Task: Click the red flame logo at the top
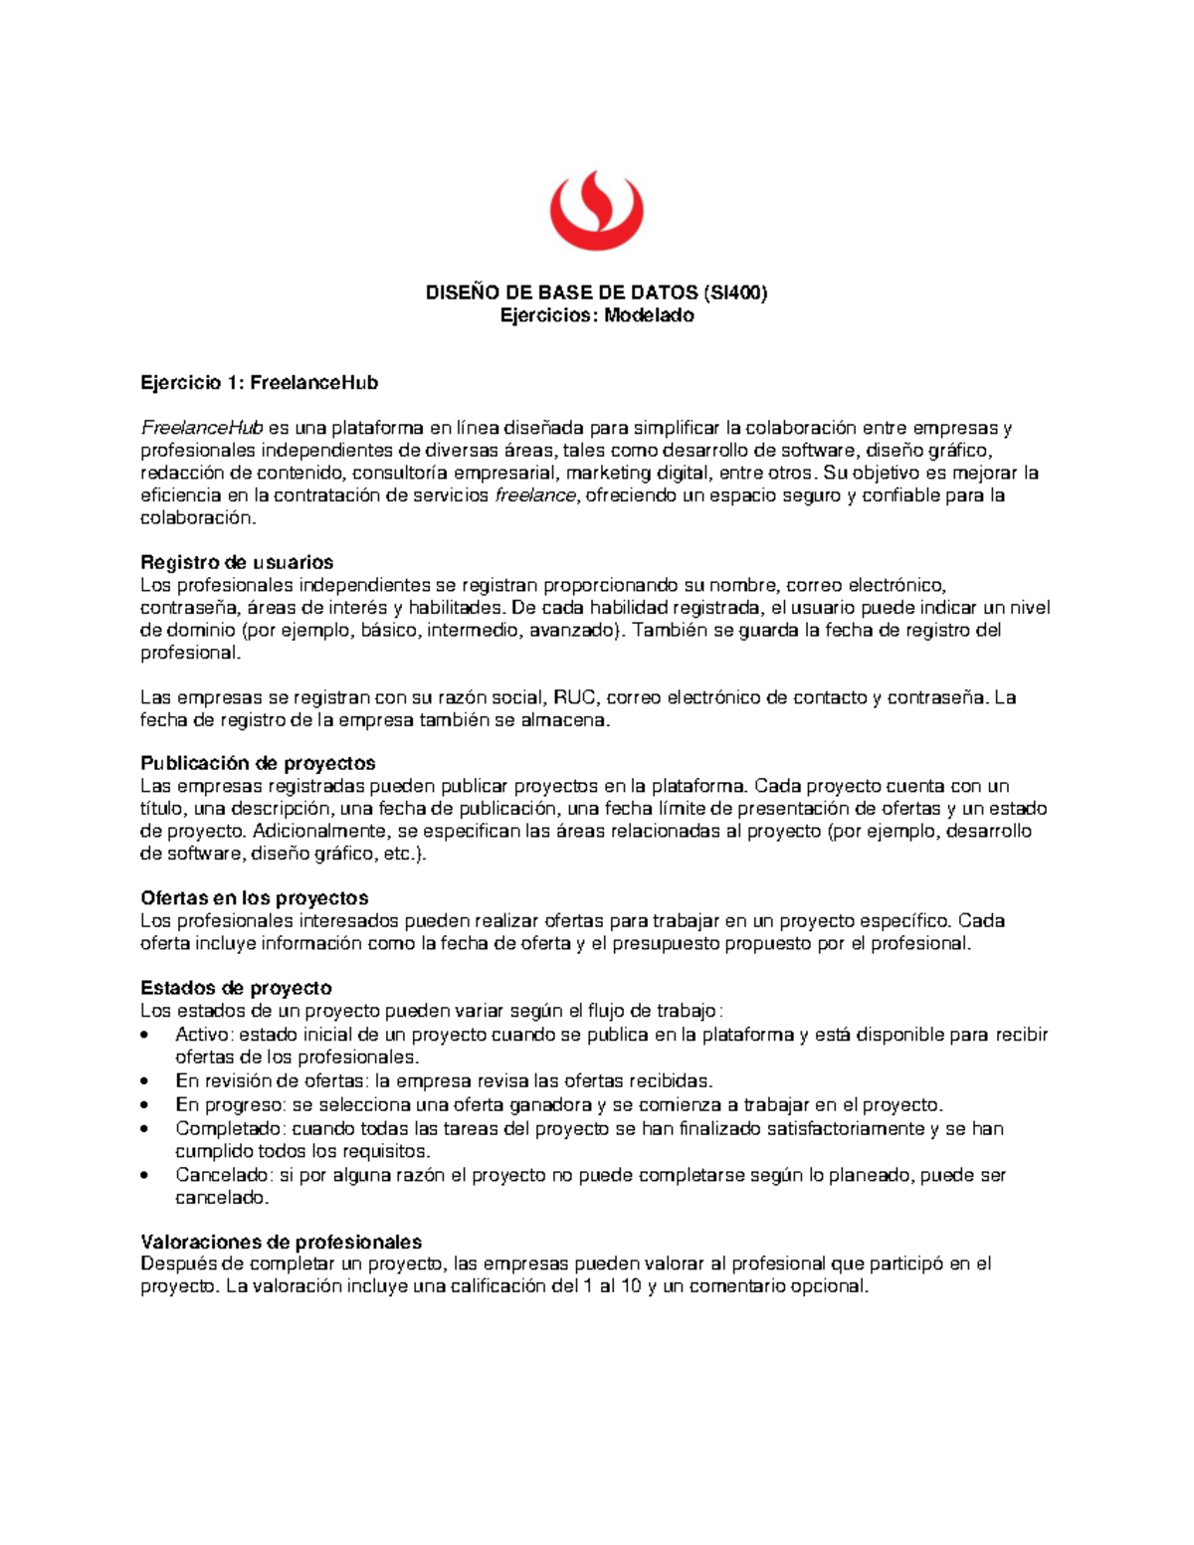point(597,211)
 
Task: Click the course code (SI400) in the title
point(735,292)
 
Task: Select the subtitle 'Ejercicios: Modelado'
point(597,315)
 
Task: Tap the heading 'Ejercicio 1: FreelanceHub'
point(259,383)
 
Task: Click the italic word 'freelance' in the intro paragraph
point(534,495)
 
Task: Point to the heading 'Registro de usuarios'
point(237,562)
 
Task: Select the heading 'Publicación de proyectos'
point(258,763)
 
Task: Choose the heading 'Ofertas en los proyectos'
point(255,898)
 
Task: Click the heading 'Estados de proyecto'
point(236,988)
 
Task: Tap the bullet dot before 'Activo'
point(147,1035)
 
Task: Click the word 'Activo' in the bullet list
point(202,1035)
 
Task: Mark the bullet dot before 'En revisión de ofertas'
point(147,1081)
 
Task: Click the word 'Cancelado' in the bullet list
point(220,1175)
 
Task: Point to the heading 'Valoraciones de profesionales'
point(282,1242)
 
